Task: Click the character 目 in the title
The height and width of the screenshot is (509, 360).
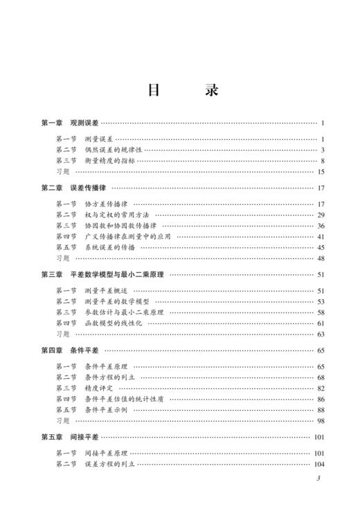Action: point(153,91)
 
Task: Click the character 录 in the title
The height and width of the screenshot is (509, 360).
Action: point(212,91)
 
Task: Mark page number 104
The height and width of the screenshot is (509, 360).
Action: point(318,464)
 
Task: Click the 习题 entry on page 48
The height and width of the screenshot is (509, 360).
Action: point(62,258)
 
